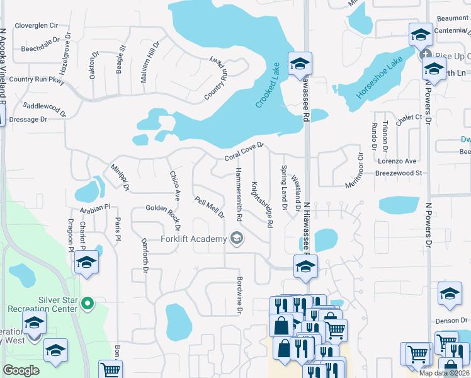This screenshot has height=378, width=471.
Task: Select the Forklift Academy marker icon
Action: click(237, 238)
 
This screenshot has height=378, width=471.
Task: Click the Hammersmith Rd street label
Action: click(239, 195)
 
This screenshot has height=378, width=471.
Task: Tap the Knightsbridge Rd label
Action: click(263, 204)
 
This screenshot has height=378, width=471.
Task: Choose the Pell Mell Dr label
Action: click(210, 207)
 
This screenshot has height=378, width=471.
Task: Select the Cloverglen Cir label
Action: click(36, 26)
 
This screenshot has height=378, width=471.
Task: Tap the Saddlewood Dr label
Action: click(44, 110)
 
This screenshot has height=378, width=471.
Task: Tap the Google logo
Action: click(21, 370)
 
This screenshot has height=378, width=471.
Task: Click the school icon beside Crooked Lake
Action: click(300, 64)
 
